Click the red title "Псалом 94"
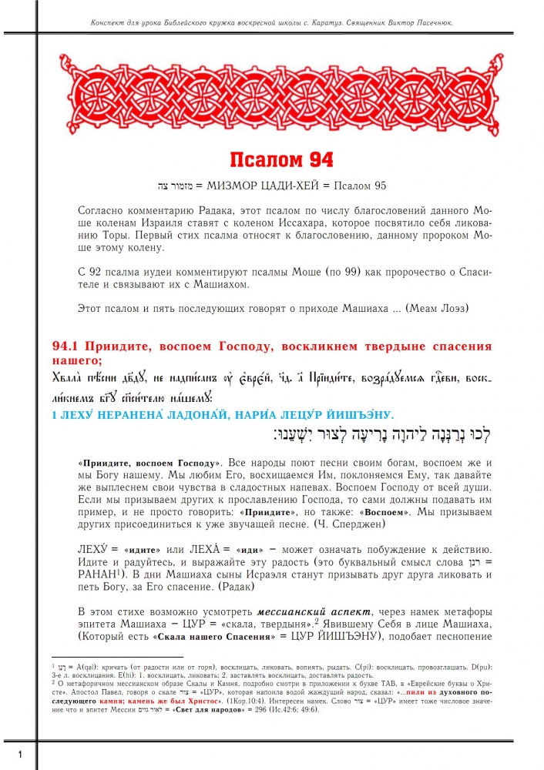pyautogui.click(x=281, y=159)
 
